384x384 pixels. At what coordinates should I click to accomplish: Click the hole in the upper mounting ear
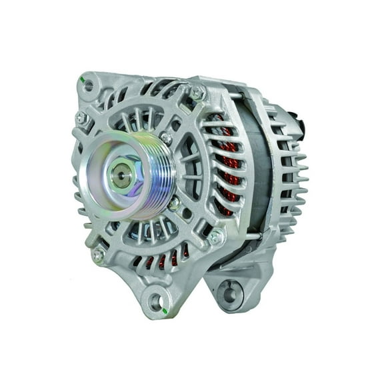(x=89, y=85)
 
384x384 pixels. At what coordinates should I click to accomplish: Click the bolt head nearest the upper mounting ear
(x=82, y=117)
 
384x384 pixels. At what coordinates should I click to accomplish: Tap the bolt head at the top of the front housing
(x=197, y=93)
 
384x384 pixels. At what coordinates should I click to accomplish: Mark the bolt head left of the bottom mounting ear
(x=99, y=254)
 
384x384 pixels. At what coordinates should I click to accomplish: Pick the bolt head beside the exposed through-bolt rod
(x=215, y=235)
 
